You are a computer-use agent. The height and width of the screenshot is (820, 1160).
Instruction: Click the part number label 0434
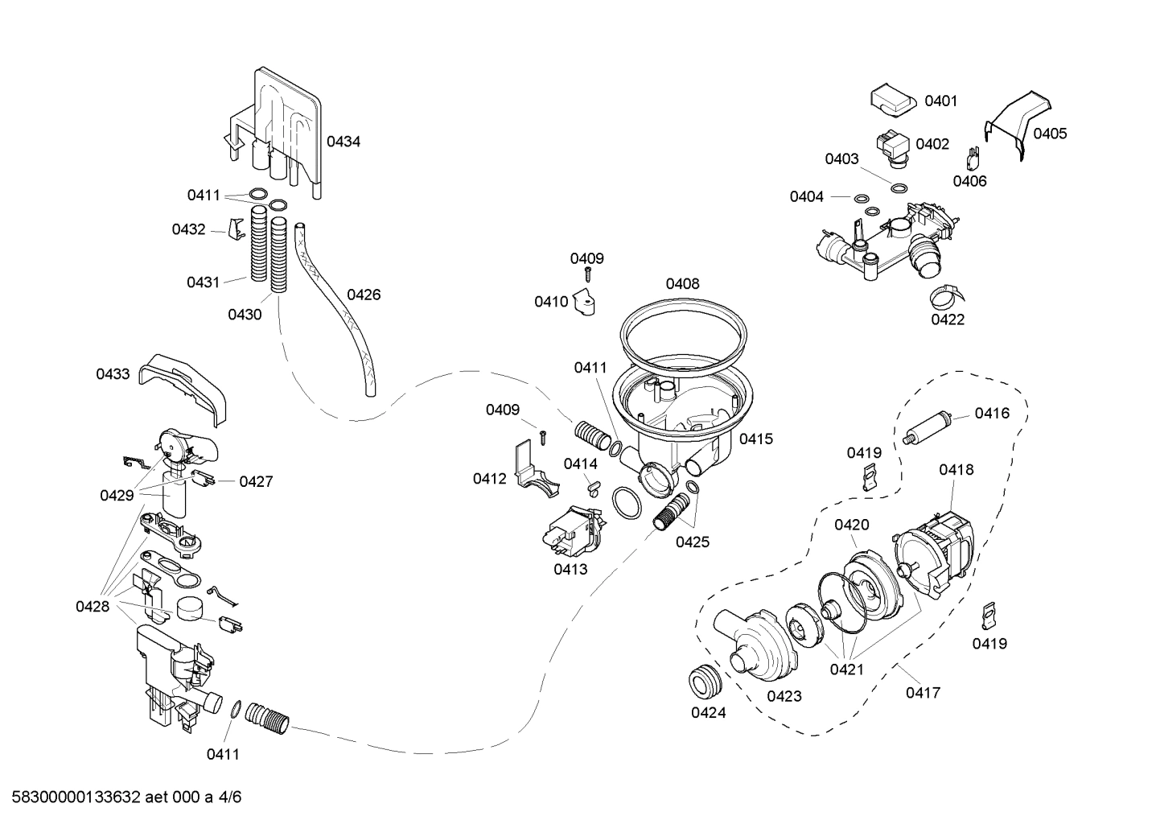click(343, 142)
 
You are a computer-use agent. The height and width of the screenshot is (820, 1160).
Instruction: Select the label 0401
click(940, 101)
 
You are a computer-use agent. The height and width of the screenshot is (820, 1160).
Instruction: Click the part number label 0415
click(755, 439)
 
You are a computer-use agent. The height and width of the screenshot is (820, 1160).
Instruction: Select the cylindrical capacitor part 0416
click(929, 426)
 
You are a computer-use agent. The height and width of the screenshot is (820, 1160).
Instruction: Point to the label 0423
click(784, 696)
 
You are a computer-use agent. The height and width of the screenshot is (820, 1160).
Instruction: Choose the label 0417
click(923, 692)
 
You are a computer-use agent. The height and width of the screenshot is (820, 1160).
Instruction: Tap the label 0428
click(93, 606)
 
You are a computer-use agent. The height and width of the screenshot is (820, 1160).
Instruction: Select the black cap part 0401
click(894, 101)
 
